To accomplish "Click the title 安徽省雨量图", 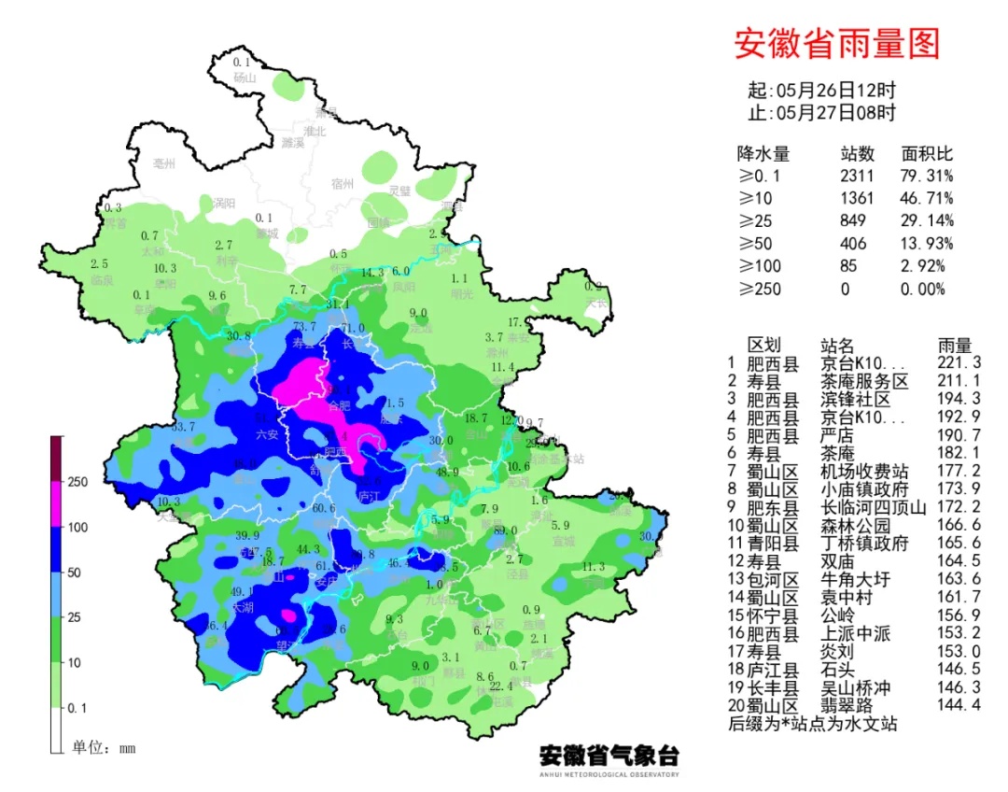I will point(836,43).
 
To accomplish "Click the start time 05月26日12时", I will point(834,91).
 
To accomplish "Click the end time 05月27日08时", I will point(834,113).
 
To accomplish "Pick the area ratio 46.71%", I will point(926,198).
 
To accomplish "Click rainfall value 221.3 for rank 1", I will point(959,363).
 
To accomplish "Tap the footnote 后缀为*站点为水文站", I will point(811,724).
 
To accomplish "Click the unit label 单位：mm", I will point(104,747).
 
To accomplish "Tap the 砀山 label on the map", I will point(245,78).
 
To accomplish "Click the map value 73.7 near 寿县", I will point(304,326).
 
